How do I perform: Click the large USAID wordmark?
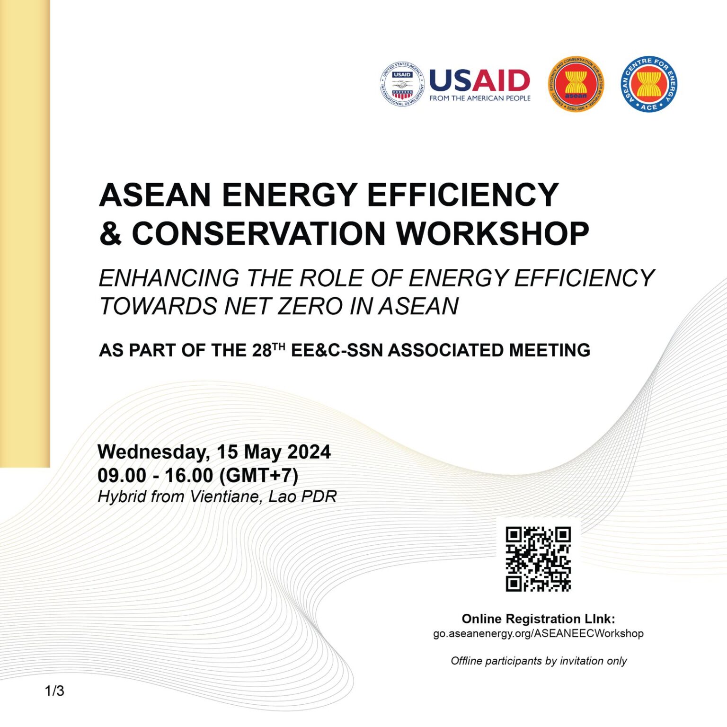(x=479, y=80)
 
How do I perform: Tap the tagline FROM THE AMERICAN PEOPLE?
(x=480, y=98)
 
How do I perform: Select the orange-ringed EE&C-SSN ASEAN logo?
(x=576, y=85)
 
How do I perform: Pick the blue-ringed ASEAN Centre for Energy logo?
(x=649, y=84)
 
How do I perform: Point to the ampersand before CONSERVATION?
(x=111, y=234)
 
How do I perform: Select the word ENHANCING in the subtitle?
(x=169, y=278)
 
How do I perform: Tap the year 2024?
(x=309, y=452)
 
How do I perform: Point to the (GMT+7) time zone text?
(x=259, y=475)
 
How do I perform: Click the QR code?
(x=538, y=559)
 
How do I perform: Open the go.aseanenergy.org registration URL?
(x=538, y=633)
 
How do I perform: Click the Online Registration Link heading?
(x=538, y=619)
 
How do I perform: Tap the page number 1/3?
(x=54, y=691)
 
